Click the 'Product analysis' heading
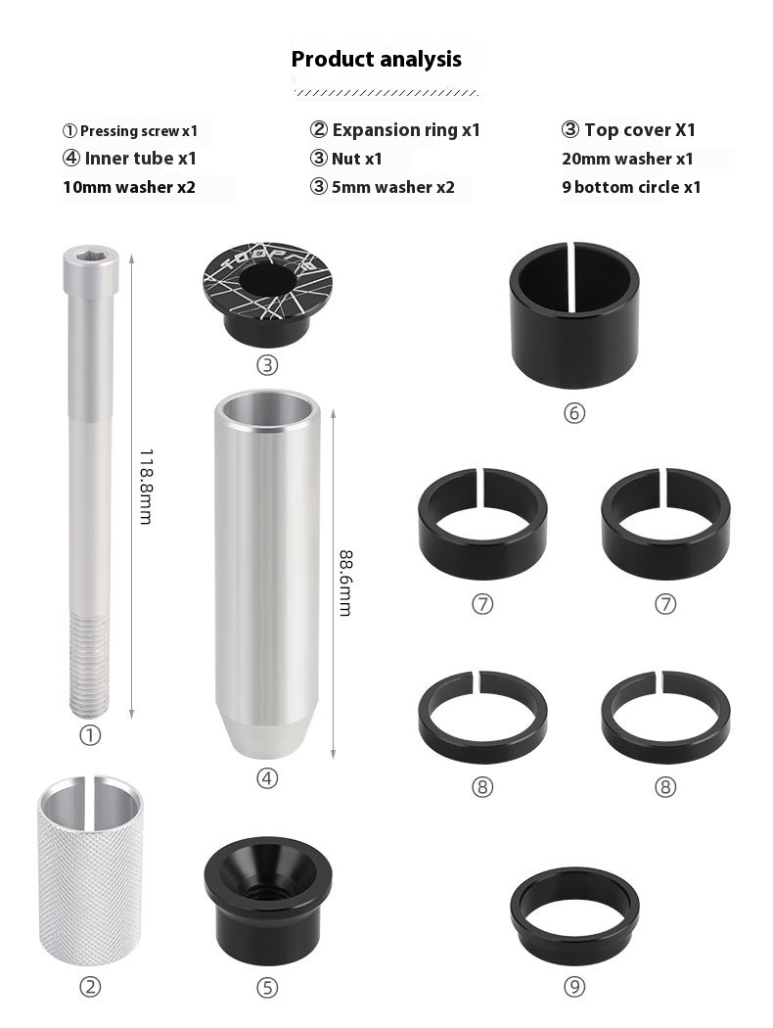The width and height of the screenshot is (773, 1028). click(376, 59)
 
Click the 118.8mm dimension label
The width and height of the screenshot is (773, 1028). click(146, 487)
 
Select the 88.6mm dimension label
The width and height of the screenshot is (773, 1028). click(345, 583)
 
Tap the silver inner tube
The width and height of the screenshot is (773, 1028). click(266, 575)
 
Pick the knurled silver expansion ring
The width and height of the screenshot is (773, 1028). click(90, 871)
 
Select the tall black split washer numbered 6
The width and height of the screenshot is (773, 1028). click(574, 315)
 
